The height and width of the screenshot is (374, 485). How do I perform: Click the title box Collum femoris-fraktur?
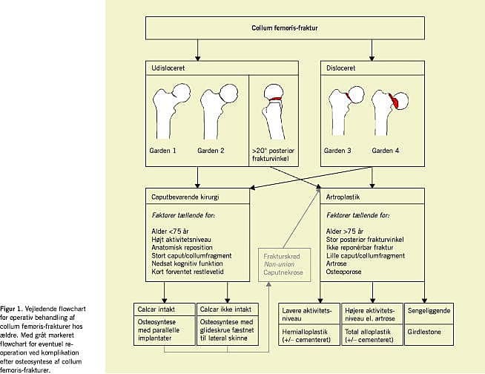285,28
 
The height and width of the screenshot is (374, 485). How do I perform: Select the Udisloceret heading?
168,68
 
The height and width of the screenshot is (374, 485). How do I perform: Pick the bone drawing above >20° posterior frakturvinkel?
272,114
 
